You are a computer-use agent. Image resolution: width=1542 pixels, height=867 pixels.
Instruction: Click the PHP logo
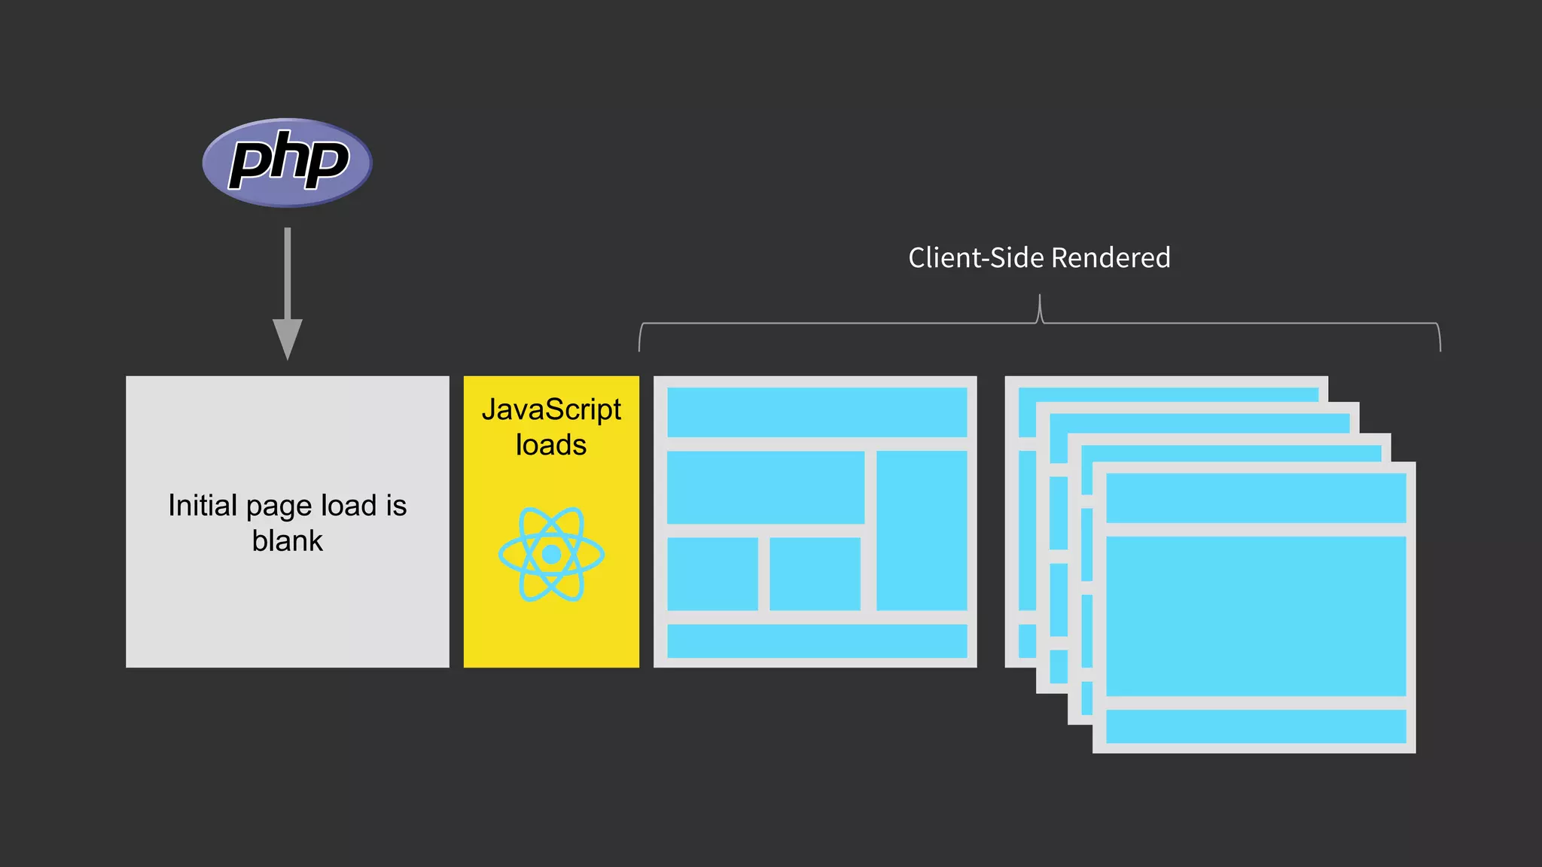[x=287, y=162]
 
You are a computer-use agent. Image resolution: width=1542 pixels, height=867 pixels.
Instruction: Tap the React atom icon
[x=551, y=554]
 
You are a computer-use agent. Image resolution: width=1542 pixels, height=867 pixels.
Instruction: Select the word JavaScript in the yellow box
[x=551, y=410]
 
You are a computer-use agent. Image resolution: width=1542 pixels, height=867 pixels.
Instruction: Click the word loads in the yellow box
[x=550, y=445]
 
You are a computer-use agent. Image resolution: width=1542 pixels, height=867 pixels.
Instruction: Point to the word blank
[x=287, y=541]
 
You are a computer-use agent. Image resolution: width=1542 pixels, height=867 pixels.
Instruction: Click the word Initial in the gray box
[x=203, y=506]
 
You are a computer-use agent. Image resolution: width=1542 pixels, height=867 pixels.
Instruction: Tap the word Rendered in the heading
[x=1111, y=258]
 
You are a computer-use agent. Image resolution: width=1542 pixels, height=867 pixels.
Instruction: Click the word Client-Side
[x=977, y=258]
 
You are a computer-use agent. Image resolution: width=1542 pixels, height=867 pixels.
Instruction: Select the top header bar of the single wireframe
[x=817, y=412]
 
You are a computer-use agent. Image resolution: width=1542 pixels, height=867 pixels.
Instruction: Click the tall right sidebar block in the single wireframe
[x=922, y=530]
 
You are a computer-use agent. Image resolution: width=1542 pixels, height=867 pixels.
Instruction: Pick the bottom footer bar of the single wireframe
[x=817, y=640]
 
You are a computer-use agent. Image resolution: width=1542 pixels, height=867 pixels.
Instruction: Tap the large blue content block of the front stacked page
[x=1255, y=616]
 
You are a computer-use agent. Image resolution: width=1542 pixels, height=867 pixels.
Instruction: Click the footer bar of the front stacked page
[x=1255, y=726]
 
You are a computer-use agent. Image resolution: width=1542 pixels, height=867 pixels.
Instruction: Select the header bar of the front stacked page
[x=1255, y=497]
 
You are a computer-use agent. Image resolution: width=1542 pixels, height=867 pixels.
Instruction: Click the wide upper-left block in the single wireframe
[x=765, y=487]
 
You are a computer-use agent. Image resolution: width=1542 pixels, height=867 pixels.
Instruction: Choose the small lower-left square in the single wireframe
[x=712, y=573]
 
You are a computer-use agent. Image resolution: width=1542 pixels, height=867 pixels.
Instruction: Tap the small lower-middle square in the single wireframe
[x=814, y=573]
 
